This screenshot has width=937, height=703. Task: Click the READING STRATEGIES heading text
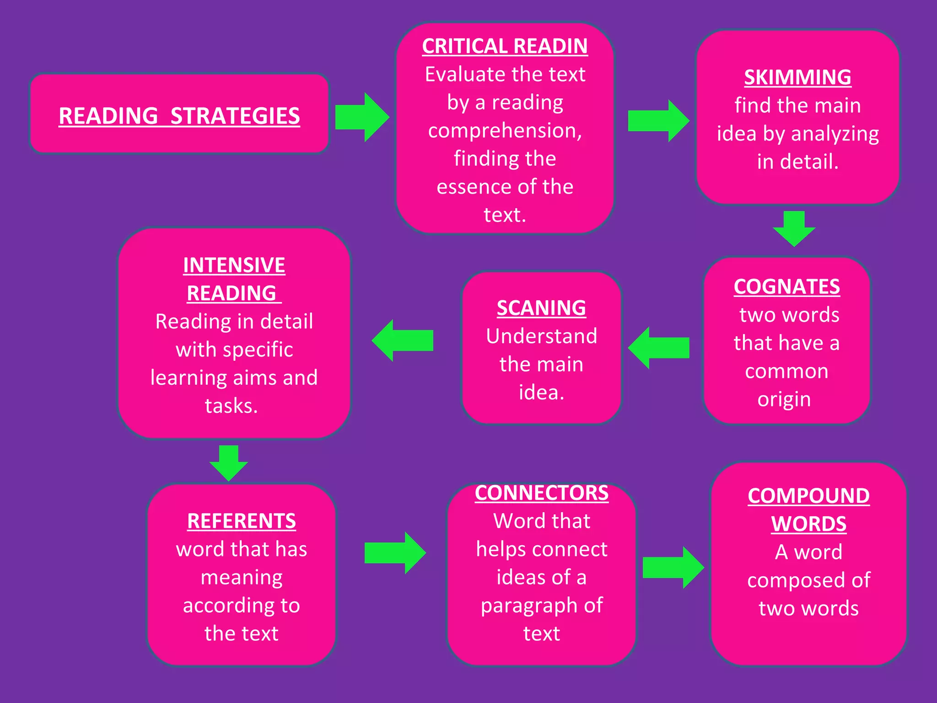[179, 116]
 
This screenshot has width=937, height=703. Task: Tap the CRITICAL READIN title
[505, 46]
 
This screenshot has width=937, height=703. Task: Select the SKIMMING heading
[797, 77]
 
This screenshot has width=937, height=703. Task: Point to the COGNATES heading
[786, 287]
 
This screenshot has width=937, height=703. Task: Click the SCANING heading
[541, 308]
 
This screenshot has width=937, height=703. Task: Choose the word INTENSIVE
[234, 265]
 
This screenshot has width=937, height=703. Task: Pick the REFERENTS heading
[241, 521]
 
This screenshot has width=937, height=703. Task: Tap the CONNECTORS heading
[541, 493]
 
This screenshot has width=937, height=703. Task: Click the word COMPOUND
[808, 496]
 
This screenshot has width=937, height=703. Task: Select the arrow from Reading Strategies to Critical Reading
[361, 117]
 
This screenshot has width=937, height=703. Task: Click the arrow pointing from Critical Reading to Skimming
[658, 121]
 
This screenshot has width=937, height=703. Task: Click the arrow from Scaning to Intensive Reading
[403, 340]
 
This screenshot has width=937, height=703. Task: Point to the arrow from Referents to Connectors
[394, 553]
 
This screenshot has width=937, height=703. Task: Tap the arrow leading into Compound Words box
[673, 568]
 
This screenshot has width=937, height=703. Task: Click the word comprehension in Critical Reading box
[505, 131]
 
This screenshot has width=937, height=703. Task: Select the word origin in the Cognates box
[784, 400]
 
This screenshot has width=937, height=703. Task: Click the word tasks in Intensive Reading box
[231, 406]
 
